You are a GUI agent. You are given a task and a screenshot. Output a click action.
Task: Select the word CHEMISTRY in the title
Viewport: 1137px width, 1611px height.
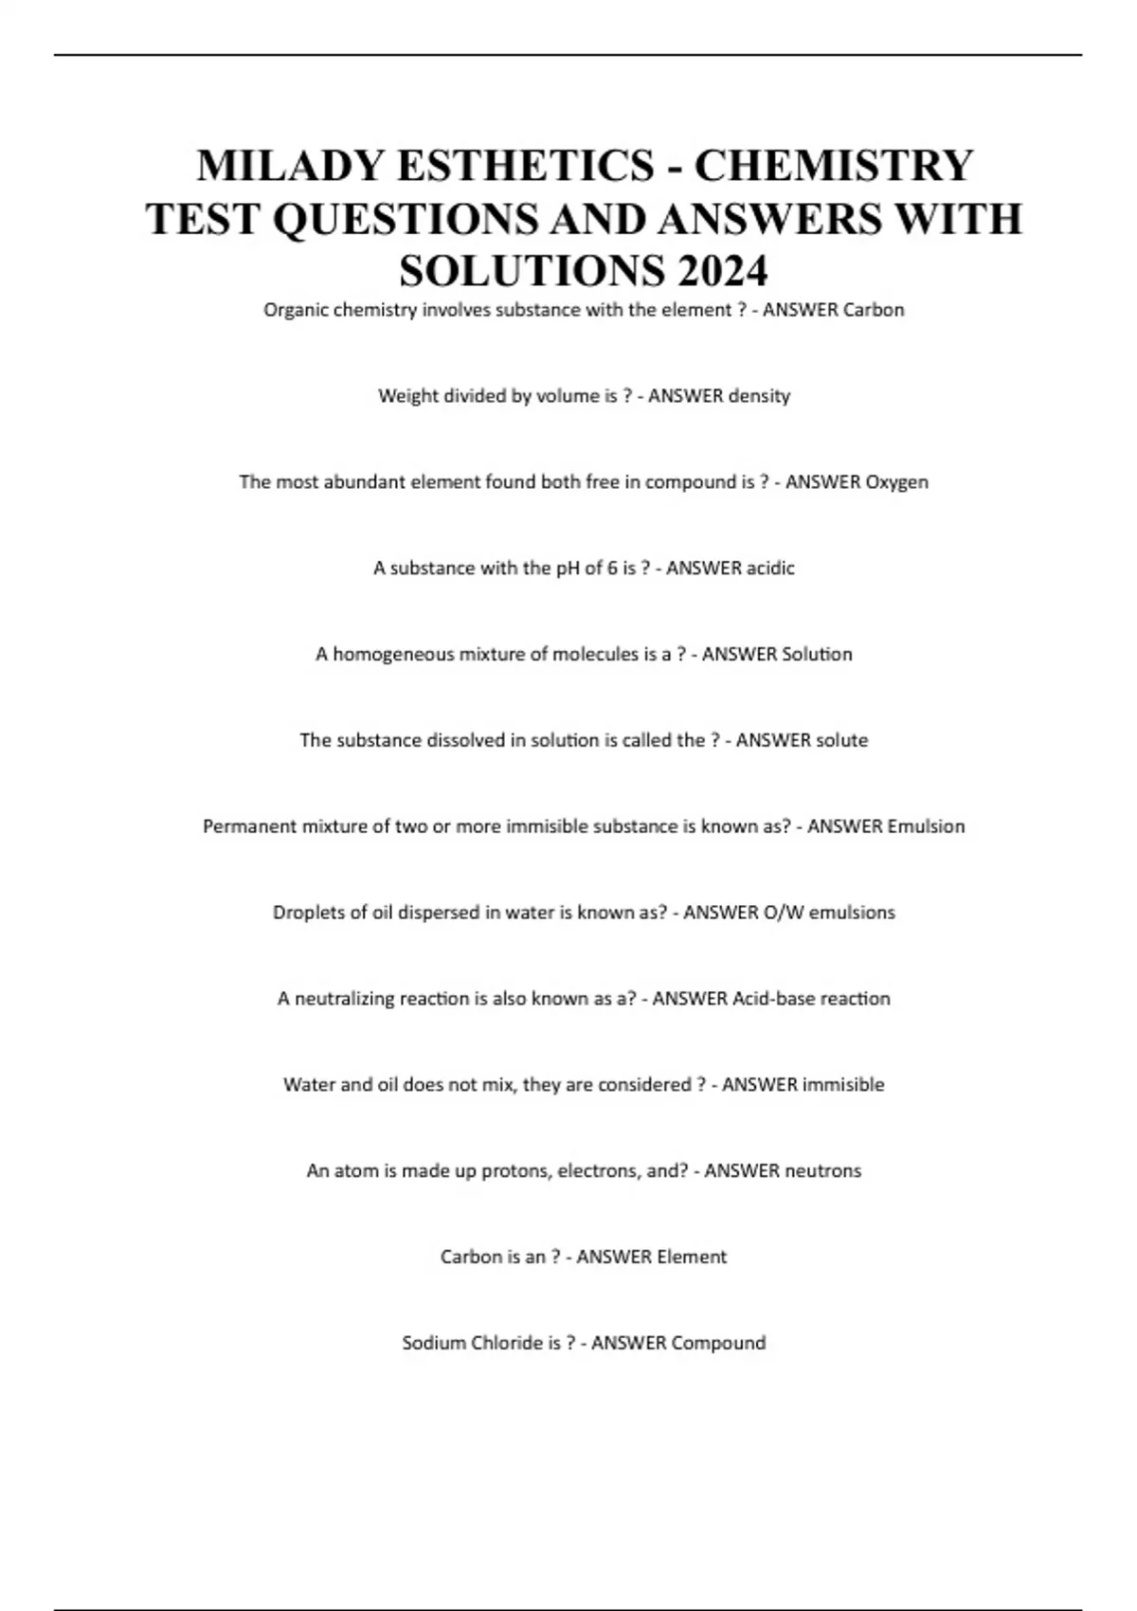(x=834, y=166)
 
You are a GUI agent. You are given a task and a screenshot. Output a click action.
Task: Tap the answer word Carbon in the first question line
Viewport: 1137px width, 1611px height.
(x=873, y=310)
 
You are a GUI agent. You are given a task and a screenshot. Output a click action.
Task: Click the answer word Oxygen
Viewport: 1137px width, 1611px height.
(x=896, y=482)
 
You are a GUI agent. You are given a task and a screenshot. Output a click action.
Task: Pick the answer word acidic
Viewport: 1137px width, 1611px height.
(x=769, y=569)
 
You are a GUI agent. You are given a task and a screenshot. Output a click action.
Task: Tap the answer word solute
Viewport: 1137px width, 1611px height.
(x=837, y=740)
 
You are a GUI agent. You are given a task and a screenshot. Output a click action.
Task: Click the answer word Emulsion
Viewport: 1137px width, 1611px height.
(x=925, y=826)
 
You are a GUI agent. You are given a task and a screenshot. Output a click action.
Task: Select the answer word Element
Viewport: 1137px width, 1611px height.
(x=691, y=1258)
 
